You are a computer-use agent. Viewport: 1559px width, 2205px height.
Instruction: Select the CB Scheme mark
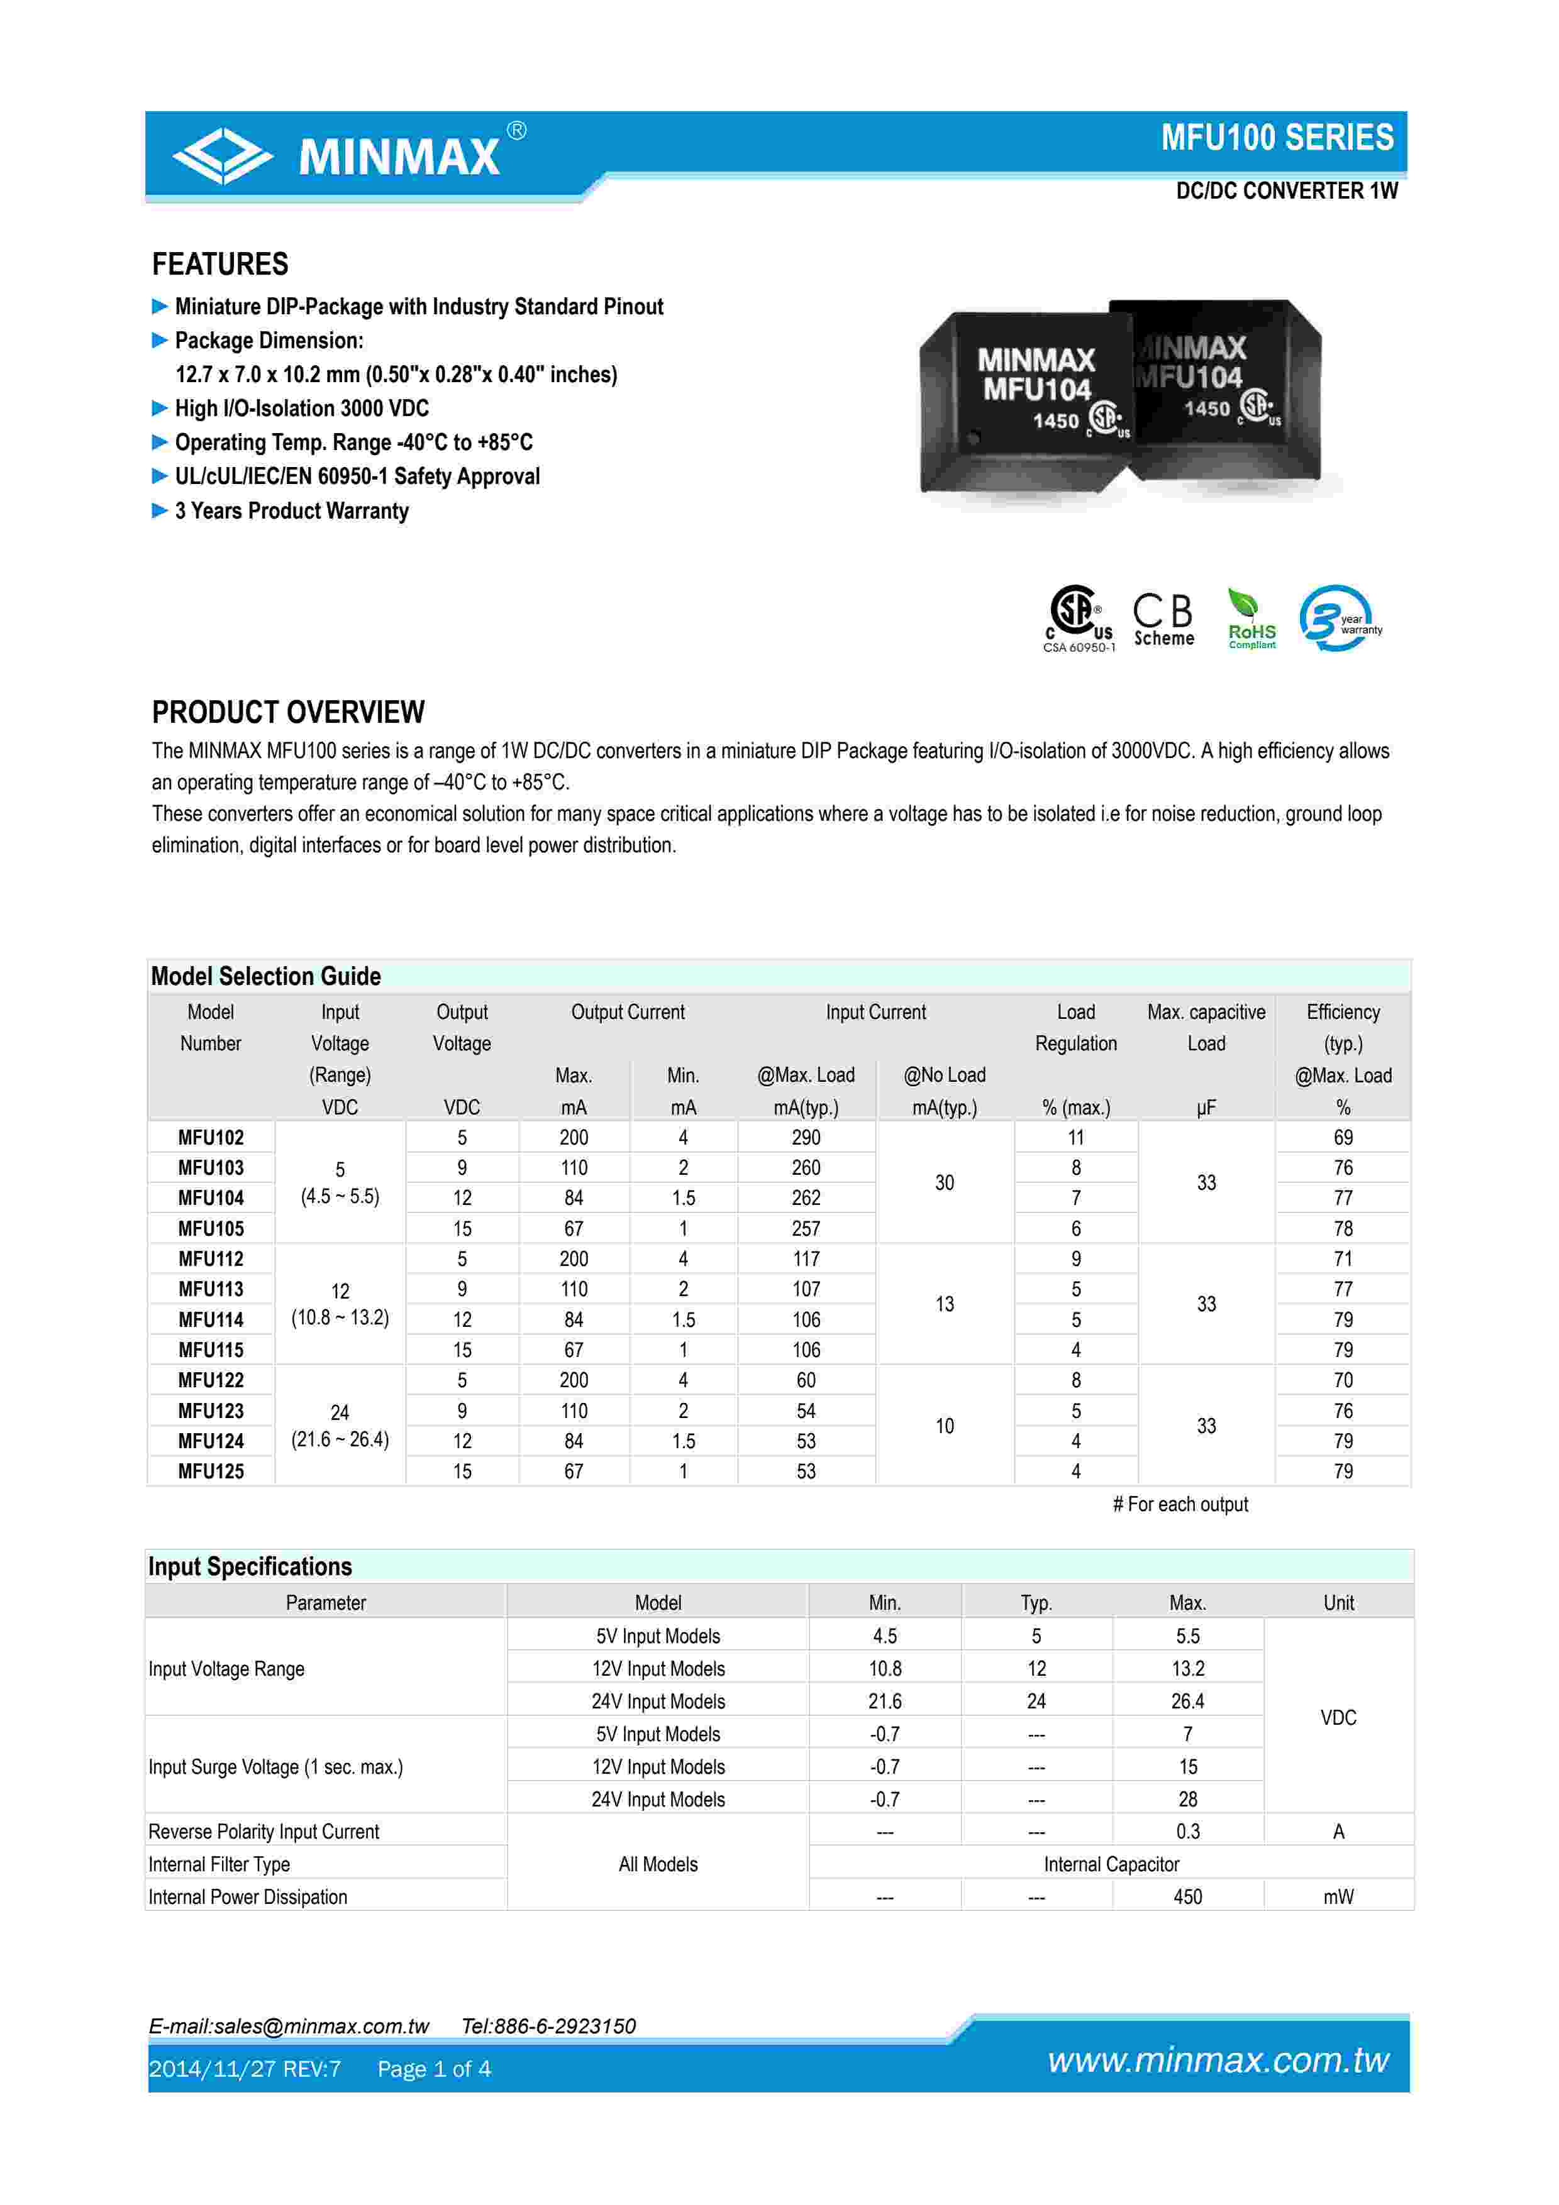point(1163,619)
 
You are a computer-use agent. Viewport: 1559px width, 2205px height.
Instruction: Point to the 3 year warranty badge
point(1339,619)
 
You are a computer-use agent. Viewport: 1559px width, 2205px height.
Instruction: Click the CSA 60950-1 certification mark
point(1079,619)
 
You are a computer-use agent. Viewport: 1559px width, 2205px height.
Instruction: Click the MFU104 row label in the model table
point(211,1197)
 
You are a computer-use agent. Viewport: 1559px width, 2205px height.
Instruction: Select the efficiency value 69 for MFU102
point(1342,1137)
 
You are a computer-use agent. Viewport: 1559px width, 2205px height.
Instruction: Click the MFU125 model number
point(211,1471)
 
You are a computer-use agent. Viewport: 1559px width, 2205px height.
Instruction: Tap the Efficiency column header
point(1342,1012)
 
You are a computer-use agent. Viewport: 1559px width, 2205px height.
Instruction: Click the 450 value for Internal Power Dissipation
point(1187,1897)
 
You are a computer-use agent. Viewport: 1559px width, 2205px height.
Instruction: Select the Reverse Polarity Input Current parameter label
point(264,1832)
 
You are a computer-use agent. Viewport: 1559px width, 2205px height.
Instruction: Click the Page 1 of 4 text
point(434,2069)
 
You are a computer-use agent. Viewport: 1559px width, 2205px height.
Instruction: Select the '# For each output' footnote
point(1180,1504)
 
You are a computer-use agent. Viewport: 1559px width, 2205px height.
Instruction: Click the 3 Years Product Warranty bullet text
point(291,511)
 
